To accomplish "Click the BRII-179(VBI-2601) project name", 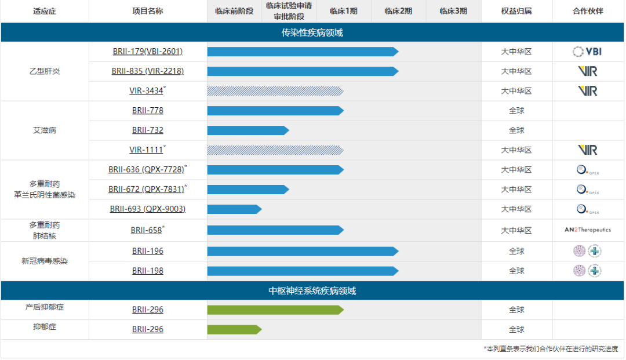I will click(x=148, y=52).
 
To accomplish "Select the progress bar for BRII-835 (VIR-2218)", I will click(x=301, y=71).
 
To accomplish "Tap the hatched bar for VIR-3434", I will click(x=275, y=91).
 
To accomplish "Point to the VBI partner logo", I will click(x=587, y=52).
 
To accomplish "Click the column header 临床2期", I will click(x=398, y=11).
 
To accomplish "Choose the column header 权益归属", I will click(x=516, y=11).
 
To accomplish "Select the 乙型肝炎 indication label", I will click(x=45, y=71).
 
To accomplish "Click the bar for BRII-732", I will click(x=248, y=130).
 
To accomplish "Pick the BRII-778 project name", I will click(x=148, y=111).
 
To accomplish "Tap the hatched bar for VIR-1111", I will click(x=275, y=150).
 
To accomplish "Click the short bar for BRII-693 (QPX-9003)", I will click(x=234, y=209).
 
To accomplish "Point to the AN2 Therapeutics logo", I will click(x=587, y=230).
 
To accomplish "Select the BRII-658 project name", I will click(x=147, y=230).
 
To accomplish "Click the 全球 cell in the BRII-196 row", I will click(x=516, y=252).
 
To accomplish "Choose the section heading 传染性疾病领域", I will click(x=312, y=32).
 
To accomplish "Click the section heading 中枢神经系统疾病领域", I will click(x=312, y=290).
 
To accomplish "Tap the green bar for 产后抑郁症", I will click(x=275, y=310).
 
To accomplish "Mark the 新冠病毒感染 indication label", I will click(x=45, y=261).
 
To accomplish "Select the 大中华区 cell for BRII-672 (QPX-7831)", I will click(x=516, y=190).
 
